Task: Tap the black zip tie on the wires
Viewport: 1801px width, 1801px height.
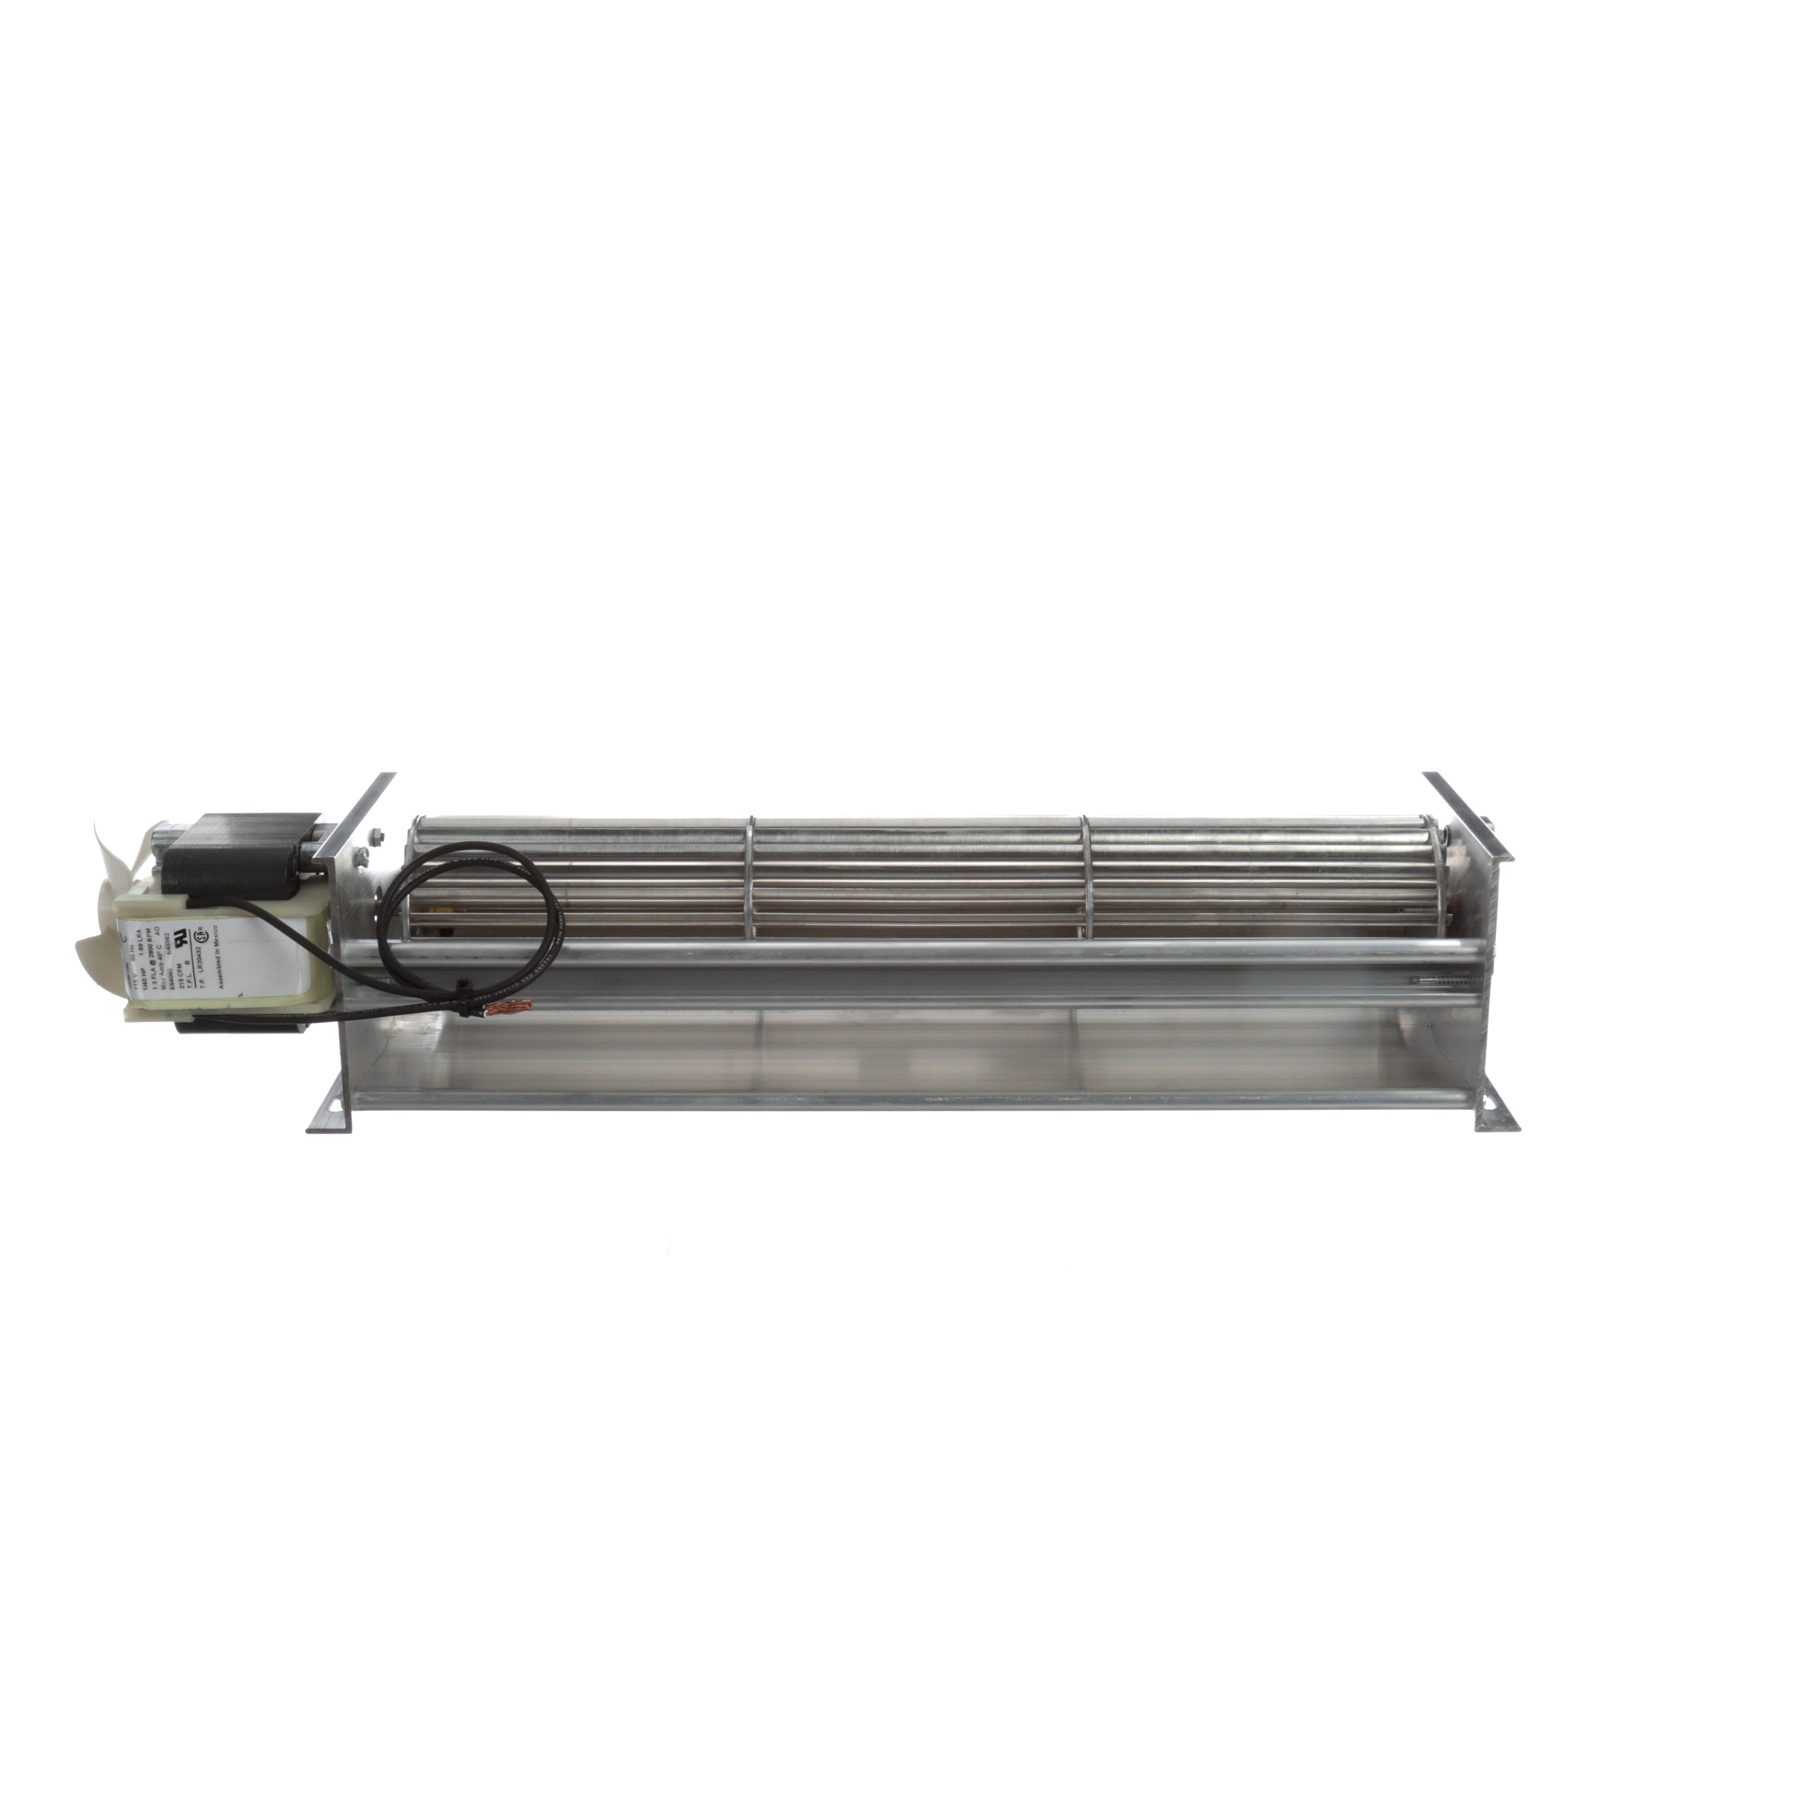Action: click(463, 985)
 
